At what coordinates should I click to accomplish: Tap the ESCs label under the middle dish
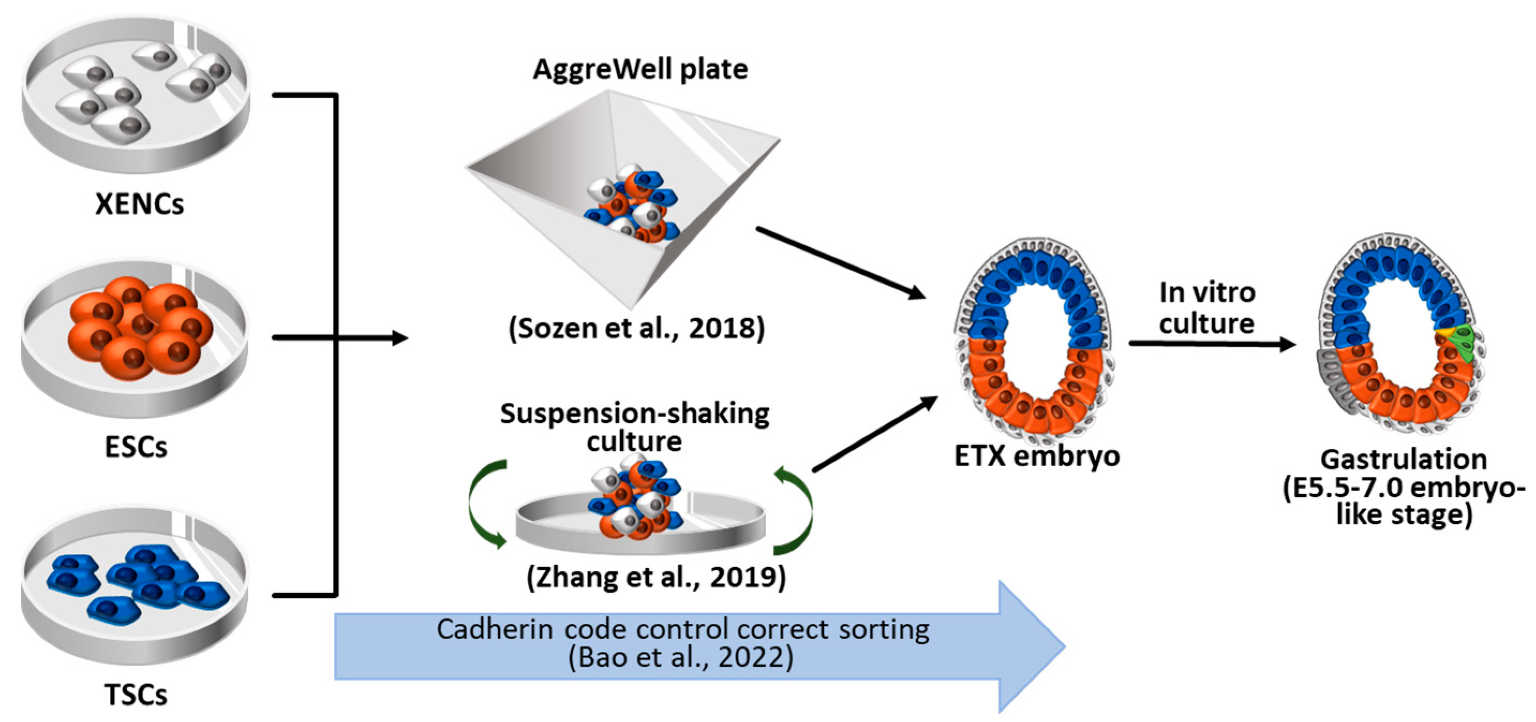point(136,447)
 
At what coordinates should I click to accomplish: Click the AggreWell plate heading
point(640,69)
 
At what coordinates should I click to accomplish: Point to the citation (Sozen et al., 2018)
point(636,328)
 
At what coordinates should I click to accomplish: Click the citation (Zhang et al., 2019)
point(656,577)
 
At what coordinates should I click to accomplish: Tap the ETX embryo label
point(1037,456)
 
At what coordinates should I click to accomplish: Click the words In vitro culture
point(1207,308)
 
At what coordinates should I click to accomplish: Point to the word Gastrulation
point(1404,460)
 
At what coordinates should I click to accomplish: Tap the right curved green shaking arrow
point(796,510)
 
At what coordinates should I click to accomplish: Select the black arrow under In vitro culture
point(1211,344)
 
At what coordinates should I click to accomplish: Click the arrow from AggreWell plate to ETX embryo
point(841,262)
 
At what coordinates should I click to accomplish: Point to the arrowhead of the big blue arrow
point(1032,647)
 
